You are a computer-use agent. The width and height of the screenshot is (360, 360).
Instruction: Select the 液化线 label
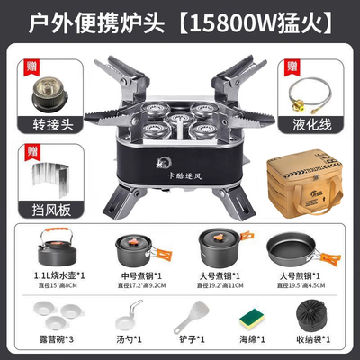(x=313, y=123)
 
